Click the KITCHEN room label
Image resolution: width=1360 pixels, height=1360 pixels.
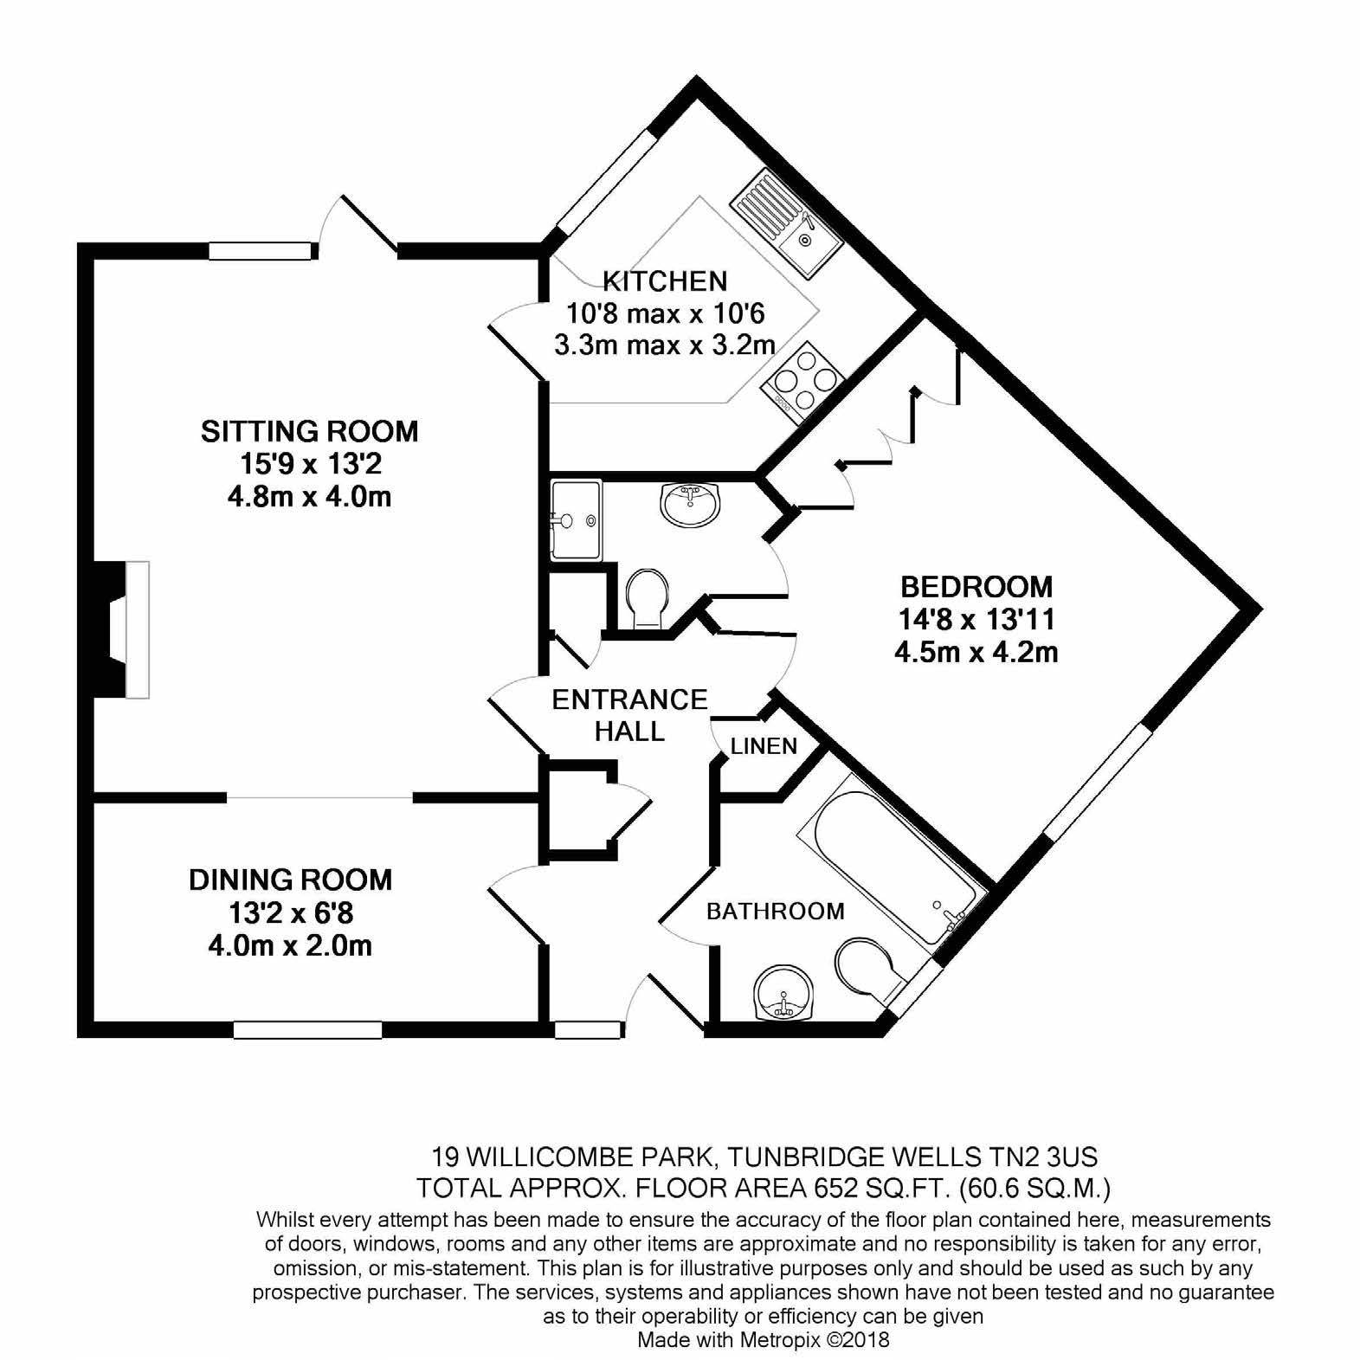[664, 280]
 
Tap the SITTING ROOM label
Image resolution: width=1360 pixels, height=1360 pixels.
[309, 430]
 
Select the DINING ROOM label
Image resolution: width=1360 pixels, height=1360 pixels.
[290, 880]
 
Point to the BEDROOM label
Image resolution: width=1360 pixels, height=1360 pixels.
[976, 586]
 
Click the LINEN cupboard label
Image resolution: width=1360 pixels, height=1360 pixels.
[764, 746]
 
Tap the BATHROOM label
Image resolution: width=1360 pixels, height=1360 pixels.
[775, 911]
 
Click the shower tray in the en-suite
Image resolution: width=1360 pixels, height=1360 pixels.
[576, 520]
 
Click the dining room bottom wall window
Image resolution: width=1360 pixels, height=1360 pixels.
[307, 1029]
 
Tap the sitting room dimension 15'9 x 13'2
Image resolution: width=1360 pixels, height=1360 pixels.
[310, 464]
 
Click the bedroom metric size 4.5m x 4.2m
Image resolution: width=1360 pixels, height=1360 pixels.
[976, 651]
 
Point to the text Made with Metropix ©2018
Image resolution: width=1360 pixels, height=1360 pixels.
[764, 1340]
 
